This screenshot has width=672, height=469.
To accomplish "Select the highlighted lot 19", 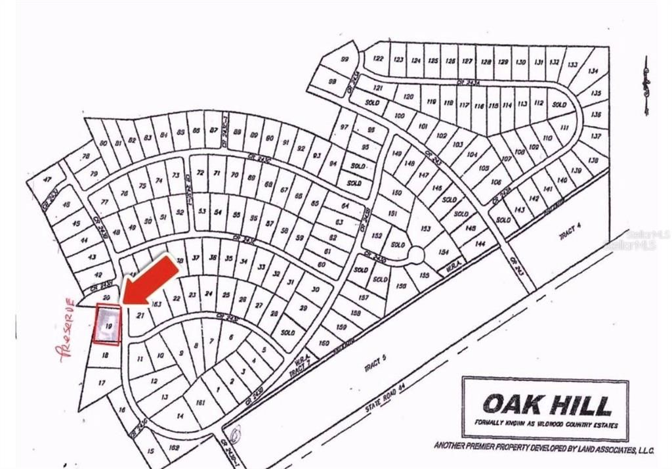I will coord(108,324).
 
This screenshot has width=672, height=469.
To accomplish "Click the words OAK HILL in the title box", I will coord(546,403).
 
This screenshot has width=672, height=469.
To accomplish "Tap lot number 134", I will coord(593,71).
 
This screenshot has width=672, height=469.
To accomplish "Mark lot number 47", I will coord(46,179).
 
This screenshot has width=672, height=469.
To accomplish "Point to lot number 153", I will coord(425,229).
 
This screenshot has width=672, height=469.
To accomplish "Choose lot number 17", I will coord(102,382).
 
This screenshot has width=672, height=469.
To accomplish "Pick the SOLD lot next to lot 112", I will coord(559,104).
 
